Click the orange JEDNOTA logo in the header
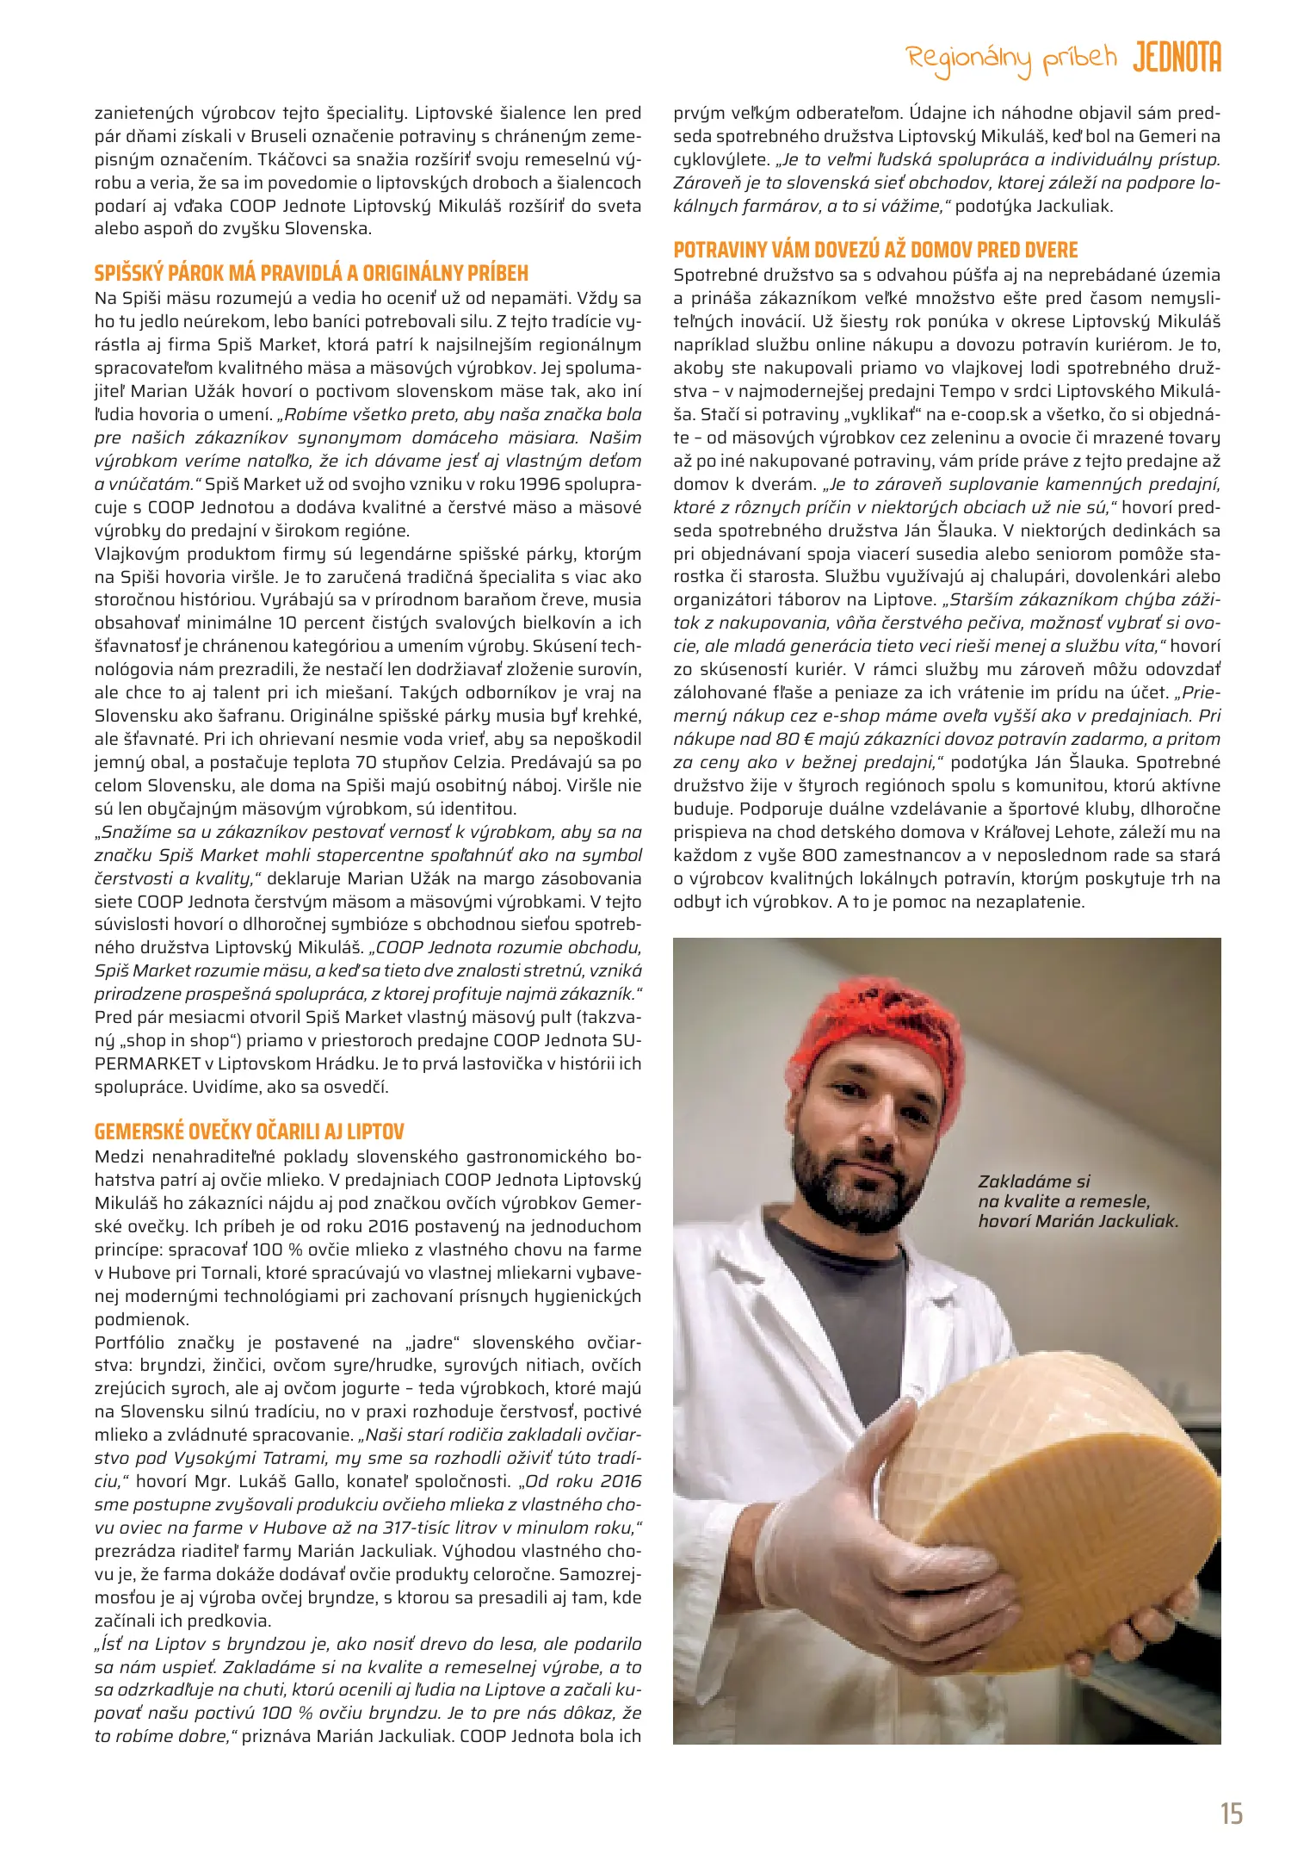click(1177, 58)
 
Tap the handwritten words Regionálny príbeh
click(1011, 60)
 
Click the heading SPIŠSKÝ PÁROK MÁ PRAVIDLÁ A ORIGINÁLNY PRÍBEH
click(312, 274)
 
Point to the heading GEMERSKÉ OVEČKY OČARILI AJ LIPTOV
click(250, 1131)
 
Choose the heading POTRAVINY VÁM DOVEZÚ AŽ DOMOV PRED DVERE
click(875, 251)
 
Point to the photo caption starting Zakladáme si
click(1077, 1201)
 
